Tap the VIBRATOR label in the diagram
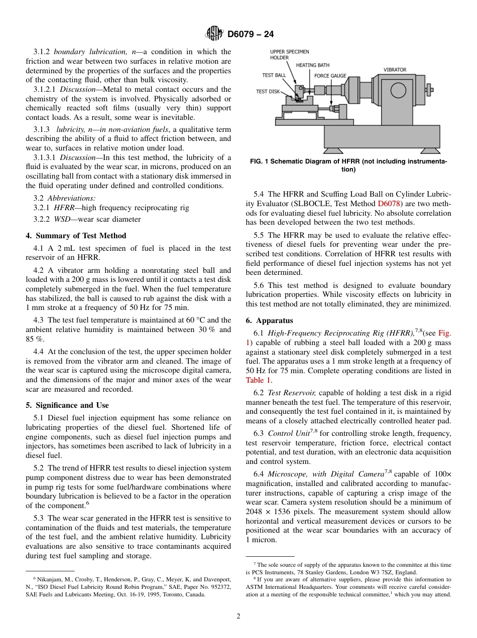click(395, 70)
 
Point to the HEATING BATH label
click(312, 65)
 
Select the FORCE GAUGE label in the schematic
click(330, 76)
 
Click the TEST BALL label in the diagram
click(274, 75)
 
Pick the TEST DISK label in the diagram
click(268, 91)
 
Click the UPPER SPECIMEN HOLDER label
click(290, 55)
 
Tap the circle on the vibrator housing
click(398, 90)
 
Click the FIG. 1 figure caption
click(348, 165)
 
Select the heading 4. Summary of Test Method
click(76, 236)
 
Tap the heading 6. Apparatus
click(269, 321)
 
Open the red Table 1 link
click(258, 380)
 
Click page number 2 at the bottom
click(238, 616)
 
